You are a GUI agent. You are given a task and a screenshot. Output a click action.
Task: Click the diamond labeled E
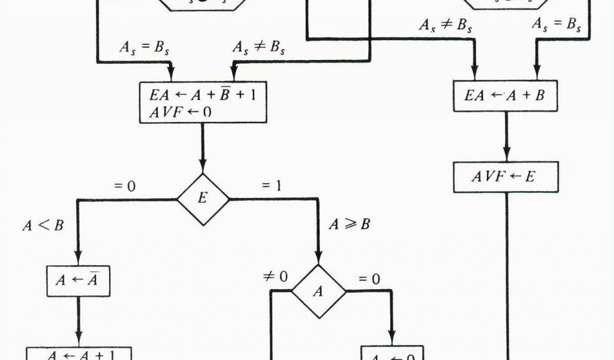point(203,199)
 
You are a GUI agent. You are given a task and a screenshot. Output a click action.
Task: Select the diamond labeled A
point(319,291)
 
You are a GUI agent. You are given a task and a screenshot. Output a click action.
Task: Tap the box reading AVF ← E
point(506,178)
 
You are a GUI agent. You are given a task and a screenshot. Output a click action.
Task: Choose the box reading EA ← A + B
point(506,96)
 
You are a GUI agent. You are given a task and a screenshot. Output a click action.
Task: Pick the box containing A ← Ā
point(79,280)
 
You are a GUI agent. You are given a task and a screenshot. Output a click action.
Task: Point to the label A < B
point(44,226)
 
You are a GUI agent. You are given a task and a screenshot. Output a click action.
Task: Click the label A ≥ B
point(349,225)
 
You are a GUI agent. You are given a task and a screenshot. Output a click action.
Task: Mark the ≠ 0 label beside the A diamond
point(275,277)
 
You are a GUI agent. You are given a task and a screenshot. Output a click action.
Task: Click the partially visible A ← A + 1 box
point(79,353)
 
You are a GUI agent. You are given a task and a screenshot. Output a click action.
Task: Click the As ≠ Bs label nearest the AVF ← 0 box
point(257,48)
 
